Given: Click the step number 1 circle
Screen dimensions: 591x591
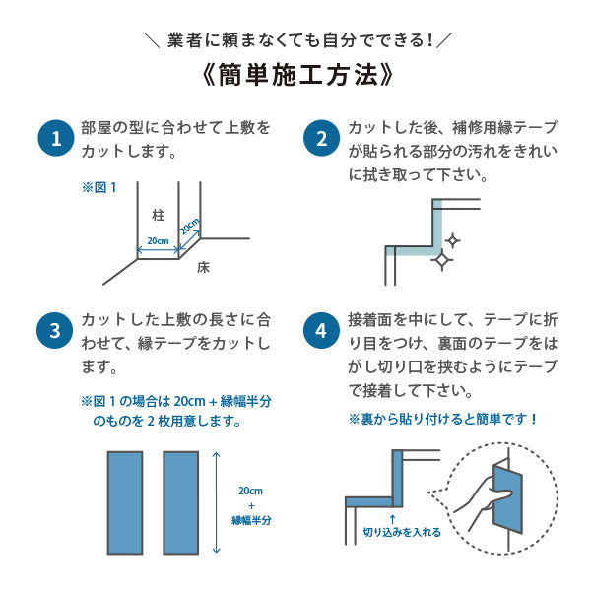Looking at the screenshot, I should coord(56,138).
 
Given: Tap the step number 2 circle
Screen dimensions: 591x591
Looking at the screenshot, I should coord(321,138).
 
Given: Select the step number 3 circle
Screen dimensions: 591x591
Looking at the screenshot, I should coord(56,331).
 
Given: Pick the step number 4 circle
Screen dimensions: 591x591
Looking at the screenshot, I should coord(321,331).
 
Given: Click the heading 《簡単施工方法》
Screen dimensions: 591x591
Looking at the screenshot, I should coord(295,76).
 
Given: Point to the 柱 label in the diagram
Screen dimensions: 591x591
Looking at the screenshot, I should coord(158,214).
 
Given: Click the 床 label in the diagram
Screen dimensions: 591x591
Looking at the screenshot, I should coord(203,266).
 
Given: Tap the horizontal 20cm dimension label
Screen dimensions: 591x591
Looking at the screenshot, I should coord(158,241).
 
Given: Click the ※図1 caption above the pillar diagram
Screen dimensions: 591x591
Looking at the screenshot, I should coord(98,186).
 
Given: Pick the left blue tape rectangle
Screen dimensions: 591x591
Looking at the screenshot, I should coord(125,502).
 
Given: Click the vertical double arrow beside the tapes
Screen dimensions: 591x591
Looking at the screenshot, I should coord(219,502).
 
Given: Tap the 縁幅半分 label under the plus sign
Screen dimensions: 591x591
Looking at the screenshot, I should coord(251,520).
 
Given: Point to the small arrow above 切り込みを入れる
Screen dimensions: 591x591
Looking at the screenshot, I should coord(392,517).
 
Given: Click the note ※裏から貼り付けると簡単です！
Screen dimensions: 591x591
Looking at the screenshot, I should coord(443,418).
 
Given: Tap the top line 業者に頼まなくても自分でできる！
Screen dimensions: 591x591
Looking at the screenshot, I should coord(295,39).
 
